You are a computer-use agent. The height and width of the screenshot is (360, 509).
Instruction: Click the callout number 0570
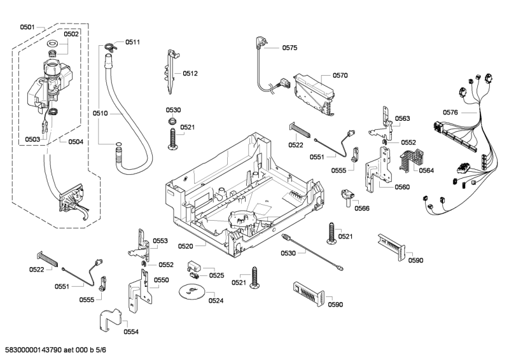340,75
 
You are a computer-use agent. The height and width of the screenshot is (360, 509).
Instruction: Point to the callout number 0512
190,74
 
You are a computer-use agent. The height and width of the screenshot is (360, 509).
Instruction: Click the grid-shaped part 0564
407,160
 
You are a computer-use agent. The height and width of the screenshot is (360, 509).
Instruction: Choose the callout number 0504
75,141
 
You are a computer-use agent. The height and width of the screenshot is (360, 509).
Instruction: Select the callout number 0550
161,280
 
